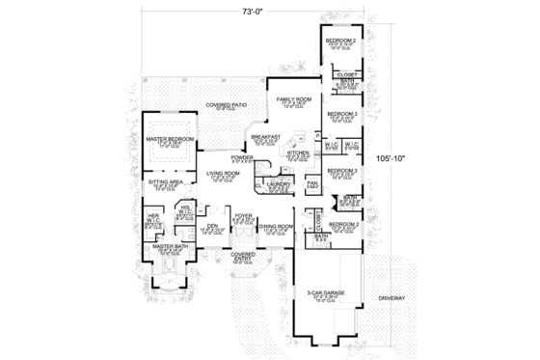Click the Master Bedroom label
[171, 140]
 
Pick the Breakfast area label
[267, 137]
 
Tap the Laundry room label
[280, 180]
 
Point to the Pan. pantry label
[312, 181]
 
